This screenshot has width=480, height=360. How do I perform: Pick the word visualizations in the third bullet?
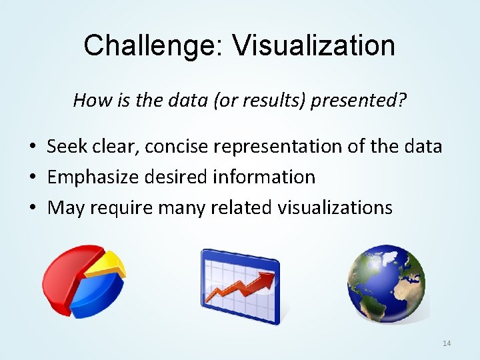click(335, 207)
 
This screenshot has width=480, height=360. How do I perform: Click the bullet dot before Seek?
click(32, 147)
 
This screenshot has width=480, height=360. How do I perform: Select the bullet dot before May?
click(32, 208)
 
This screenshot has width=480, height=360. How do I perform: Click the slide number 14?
click(447, 343)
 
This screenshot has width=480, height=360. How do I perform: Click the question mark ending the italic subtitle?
click(403, 101)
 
